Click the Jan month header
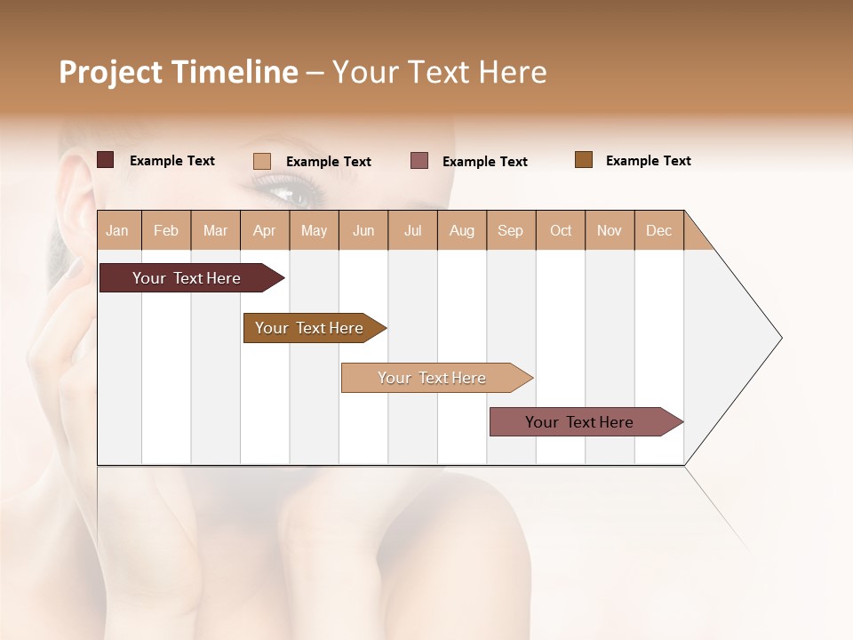tap(118, 231)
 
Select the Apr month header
tap(265, 231)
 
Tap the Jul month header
tap(412, 231)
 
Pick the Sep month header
tap(511, 231)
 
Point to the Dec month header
tap(658, 231)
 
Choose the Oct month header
tap(561, 231)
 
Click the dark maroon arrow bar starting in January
tap(187, 278)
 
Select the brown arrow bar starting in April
tap(309, 328)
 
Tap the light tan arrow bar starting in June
tap(432, 378)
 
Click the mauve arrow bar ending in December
tap(579, 422)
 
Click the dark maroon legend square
tap(106, 160)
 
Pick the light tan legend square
tap(262, 161)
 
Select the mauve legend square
tap(419, 161)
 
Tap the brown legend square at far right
tap(584, 160)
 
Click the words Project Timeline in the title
tap(178, 72)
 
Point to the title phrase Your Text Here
tap(439, 72)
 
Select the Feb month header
tap(166, 231)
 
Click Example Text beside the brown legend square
tap(648, 161)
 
